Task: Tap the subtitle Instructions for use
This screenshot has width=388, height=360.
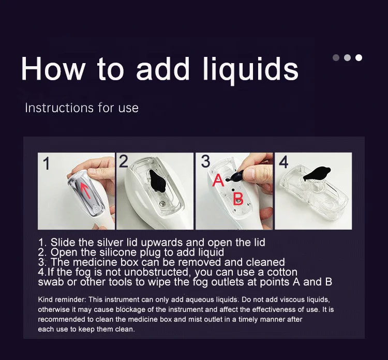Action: (x=82, y=108)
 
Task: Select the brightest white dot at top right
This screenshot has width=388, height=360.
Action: (x=359, y=57)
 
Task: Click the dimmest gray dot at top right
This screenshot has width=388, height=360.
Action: (x=336, y=57)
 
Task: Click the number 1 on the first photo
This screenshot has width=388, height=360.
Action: (x=47, y=164)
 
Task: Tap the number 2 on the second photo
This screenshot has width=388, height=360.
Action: (x=123, y=161)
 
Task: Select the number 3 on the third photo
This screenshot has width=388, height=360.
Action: (x=205, y=161)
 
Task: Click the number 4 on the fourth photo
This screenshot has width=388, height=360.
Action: (x=283, y=162)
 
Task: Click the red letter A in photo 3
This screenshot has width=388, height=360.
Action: (x=218, y=181)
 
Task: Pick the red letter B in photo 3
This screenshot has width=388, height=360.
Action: (x=238, y=200)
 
